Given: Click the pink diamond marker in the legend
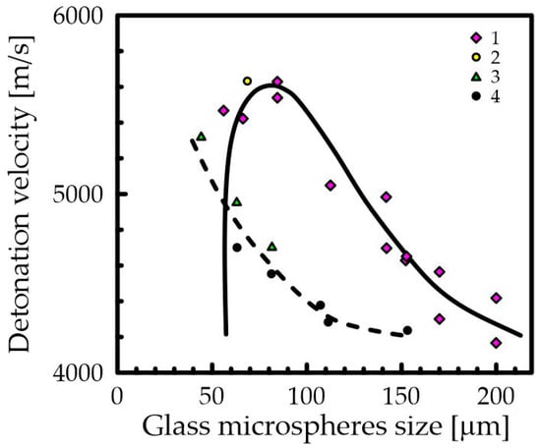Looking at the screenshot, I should coord(476,37).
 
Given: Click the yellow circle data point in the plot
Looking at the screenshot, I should coord(247,81).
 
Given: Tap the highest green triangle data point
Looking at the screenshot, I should coord(202,137).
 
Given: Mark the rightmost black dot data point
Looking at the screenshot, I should coord(407,330).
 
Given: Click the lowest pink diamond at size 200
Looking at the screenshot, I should coord(496,343).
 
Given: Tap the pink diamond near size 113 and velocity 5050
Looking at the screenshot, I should coord(331,185).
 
